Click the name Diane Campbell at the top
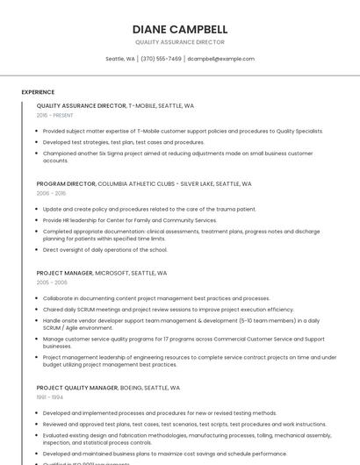pyautogui.click(x=179, y=29)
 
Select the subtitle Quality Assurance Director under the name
pyautogui.click(x=179, y=42)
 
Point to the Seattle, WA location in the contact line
pyautogui.click(x=120, y=59)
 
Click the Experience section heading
pyautogui.click(x=38, y=92)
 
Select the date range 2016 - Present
pyautogui.click(x=54, y=115)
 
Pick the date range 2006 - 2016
pyautogui.click(x=51, y=193)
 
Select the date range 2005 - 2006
pyautogui.click(x=52, y=283)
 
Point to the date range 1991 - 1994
pyautogui.click(x=50, y=397)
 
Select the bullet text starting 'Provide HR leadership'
pyautogui.click(x=129, y=220)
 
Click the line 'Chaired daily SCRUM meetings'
pyautogui.click(x=168, y=309)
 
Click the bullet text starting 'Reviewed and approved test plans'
pyautogui.click(x=184, y=424)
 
